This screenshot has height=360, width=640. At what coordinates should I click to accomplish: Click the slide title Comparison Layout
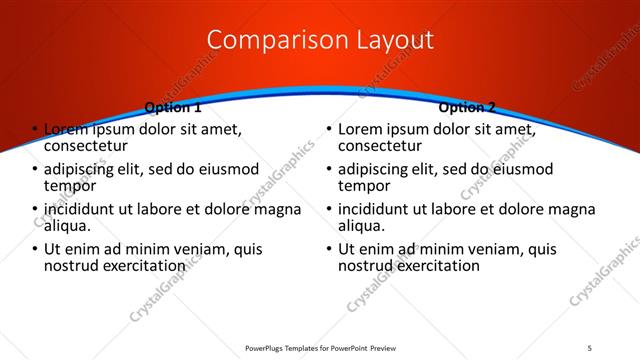(x=320, y=40)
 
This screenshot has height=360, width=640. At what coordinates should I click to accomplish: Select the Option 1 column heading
(x=172, y=107)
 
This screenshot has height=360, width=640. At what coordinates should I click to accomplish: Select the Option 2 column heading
(x=466, y=107)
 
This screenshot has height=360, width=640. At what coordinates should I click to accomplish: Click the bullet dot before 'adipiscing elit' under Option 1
(x=35, y=170)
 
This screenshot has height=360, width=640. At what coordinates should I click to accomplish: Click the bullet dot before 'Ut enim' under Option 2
(x=329, y=250)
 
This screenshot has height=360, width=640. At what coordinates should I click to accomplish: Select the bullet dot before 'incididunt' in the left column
(x=35, y=210)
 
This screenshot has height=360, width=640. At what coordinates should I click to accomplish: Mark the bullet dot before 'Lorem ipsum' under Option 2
(x=329, y=130)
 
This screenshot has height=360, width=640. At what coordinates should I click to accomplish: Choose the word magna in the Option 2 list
(x=574, y=209)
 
